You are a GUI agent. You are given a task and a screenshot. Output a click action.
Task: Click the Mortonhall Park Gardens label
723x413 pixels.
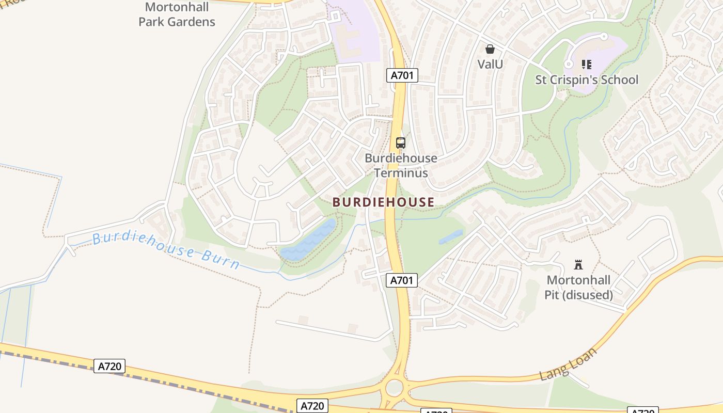click(177, 14)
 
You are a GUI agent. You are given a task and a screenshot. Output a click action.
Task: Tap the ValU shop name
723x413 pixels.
click(490, 64)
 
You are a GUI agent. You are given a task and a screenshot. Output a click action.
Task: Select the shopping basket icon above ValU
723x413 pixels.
click(490, 49)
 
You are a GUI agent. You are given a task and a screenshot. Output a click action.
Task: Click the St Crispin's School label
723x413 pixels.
click(586, 80)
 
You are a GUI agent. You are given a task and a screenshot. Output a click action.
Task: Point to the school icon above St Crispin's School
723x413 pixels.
click(586, 65)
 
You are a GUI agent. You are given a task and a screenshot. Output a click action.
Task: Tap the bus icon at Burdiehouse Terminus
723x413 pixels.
click(400, 143)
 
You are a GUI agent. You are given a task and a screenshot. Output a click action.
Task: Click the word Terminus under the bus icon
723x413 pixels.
click(401, 172)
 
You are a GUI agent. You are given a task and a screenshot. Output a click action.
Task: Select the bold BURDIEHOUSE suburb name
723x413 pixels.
click(383, 202)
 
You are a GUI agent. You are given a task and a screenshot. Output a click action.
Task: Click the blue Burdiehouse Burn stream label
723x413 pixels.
click(166, 251)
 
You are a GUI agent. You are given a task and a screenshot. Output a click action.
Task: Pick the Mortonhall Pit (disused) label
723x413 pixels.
click(578, 288)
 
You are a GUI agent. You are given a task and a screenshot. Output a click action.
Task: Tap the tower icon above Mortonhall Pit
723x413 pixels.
click(578, 265)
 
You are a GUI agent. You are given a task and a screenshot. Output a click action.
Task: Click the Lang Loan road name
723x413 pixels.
click(568, 364)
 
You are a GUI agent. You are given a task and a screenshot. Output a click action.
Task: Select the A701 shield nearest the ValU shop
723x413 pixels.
click(402, 75)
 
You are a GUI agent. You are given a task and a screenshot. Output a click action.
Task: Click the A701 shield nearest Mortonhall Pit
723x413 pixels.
click(402, 280)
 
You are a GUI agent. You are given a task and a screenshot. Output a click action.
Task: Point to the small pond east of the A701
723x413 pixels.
click(451, 237)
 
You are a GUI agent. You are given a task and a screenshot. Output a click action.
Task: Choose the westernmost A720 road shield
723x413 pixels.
click(109, 367)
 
